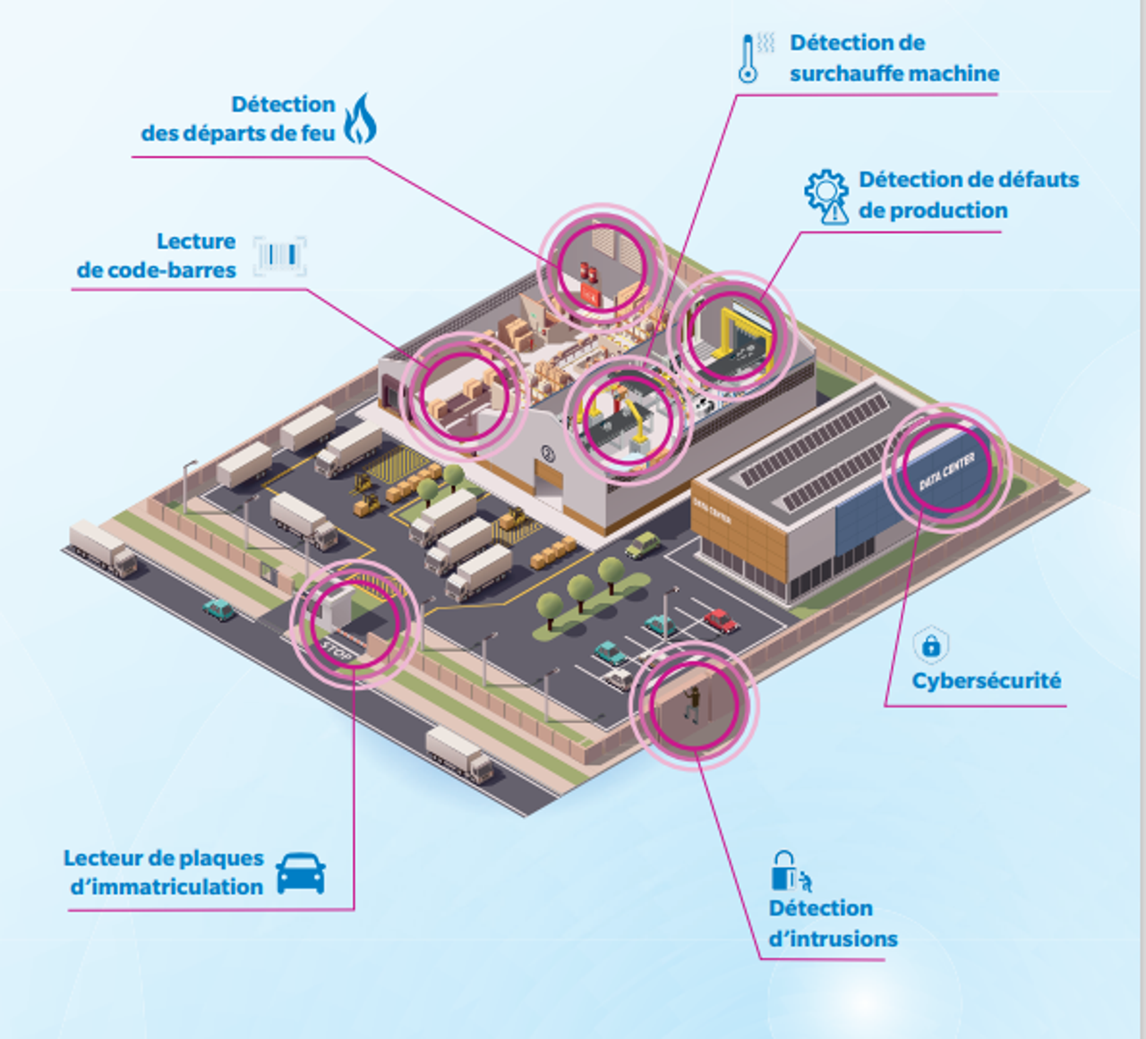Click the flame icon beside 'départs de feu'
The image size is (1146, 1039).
360,118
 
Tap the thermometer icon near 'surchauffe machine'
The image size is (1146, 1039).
748,59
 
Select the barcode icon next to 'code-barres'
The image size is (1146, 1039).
279,256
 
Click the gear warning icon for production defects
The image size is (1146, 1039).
826,196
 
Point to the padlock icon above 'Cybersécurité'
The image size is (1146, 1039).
931,644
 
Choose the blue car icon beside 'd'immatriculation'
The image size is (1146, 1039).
301,873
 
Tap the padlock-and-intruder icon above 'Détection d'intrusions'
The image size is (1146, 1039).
790,872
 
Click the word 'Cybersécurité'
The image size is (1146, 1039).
986,681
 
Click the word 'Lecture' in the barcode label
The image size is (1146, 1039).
196,242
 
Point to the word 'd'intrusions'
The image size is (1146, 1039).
833,939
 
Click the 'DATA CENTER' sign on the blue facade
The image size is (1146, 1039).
946,471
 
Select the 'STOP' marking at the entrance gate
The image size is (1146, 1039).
336,652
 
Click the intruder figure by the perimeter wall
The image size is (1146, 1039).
691,703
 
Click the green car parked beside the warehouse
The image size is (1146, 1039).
643,544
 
